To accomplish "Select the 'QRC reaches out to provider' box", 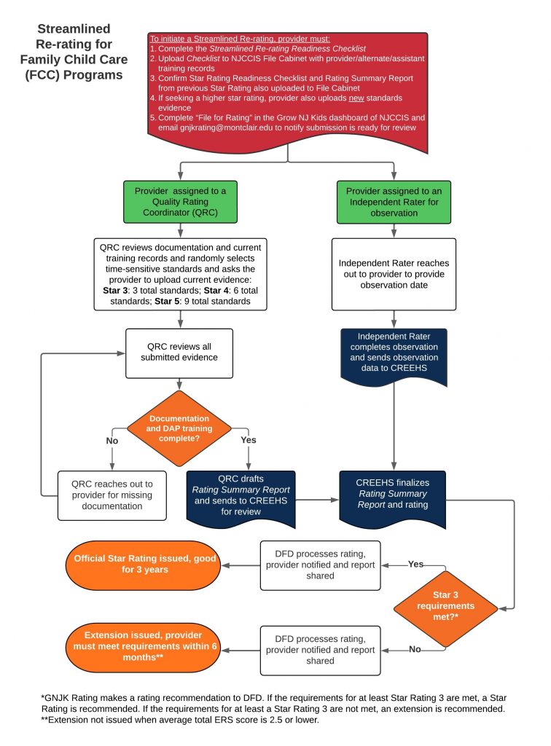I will pyautogui.click(x=112, y=495).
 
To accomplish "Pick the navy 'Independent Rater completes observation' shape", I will pyautogui.click(x=393, y=353).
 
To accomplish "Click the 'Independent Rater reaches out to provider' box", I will pyautogui.click(x=393, y=273).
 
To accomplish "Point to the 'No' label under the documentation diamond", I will pyautogui.click(x=112, y=440).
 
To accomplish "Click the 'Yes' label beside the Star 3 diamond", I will pyautogui.click(x=416, y=564).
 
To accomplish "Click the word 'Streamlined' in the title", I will pyautogui.click(x=74, y=29).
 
